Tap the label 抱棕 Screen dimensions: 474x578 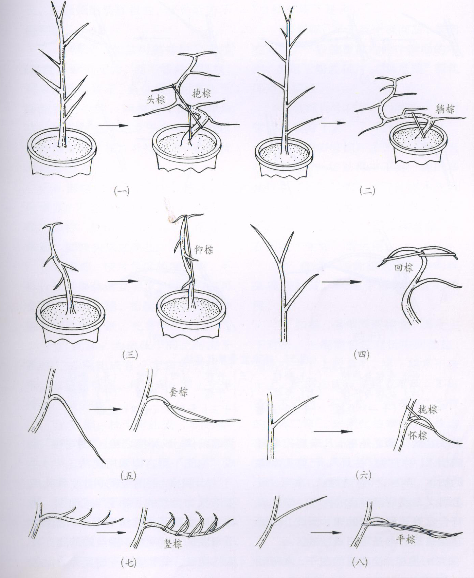(x=201, y=93)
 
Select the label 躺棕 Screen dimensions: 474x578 (x=444, y=109)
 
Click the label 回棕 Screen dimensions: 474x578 (x=404, y=268)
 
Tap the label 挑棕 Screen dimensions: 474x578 (x=427, y=409)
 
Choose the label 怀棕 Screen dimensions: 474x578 (x=418, y=435)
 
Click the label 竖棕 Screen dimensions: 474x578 (x=173, y=544)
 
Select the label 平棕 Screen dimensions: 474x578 (x=406, y=539)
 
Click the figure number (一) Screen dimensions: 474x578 (x=122, y=191)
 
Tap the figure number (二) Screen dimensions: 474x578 (x=367, y=191)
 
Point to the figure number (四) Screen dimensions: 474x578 (x=362, y=355)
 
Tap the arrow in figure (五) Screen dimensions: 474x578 (x=106, y=409)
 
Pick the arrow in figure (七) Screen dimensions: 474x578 (x=111, y=533)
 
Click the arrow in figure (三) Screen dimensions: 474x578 (x=123, y=281)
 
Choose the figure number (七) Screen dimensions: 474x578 (x=129, y=563)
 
